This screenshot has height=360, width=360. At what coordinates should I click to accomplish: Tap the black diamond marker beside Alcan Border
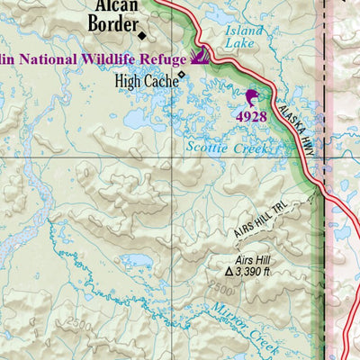pyautogui.click(x=141, y=36)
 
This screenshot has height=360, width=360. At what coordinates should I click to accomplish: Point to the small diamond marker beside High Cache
pyautogui.click(x=182, y=75)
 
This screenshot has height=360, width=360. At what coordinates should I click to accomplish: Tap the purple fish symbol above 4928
pyautogui.click(x=252, y=97)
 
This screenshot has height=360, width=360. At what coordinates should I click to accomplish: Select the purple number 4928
pyautogui.click(x=252, y=116)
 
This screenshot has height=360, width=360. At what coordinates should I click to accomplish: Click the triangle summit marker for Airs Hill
pyautogui.click(x=229, y=269)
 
